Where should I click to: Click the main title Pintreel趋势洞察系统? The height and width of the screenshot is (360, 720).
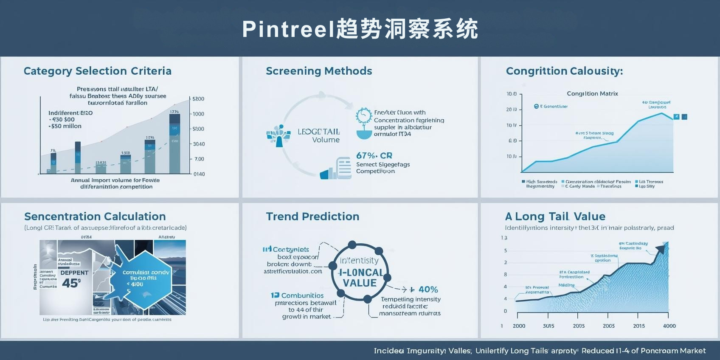click(360, 29)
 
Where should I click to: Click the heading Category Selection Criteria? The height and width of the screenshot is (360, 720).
click(97, 71)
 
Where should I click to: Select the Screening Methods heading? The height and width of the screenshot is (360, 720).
click(318, 71)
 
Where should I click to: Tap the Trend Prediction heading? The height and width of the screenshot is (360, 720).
click(312, 217)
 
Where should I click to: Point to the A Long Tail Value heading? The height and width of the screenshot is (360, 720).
click(555, 217)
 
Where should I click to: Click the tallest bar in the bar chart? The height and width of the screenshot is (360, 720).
click(174, 144)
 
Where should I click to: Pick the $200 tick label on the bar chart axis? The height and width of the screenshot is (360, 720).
click(198, 99)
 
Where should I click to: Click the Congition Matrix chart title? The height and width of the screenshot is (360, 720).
click(592, 93)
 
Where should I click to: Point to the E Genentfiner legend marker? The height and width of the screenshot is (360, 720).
click(536, 106)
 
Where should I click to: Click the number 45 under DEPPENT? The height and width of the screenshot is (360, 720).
click(70, 283)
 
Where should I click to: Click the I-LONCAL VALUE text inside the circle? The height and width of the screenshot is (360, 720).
click(360, 278)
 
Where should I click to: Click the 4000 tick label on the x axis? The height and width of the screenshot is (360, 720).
click(669, 326)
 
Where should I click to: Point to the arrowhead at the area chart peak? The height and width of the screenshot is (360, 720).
click(661, 248)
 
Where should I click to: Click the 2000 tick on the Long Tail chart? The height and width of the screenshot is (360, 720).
click(519, 326)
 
